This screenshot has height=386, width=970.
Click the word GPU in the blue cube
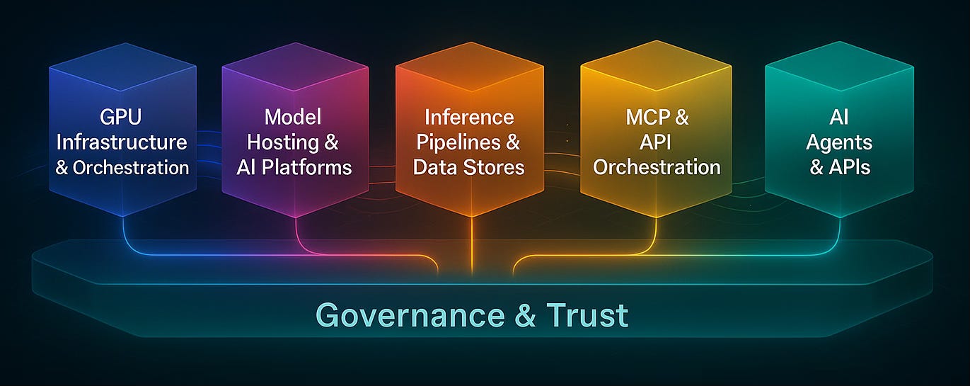(121, 117)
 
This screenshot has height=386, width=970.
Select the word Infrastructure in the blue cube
(121, 142)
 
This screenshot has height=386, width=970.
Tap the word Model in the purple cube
(293, 117)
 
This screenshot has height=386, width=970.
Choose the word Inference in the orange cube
(468, 117)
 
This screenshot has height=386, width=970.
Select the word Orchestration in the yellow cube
(657, 167)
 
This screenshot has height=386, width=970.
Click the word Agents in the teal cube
(840, 142)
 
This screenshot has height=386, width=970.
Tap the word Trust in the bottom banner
(587, 315)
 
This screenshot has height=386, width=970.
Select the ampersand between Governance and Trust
(525, 315)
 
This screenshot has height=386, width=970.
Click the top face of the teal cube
(839, 68)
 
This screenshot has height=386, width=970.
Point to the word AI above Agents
(840, 117)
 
